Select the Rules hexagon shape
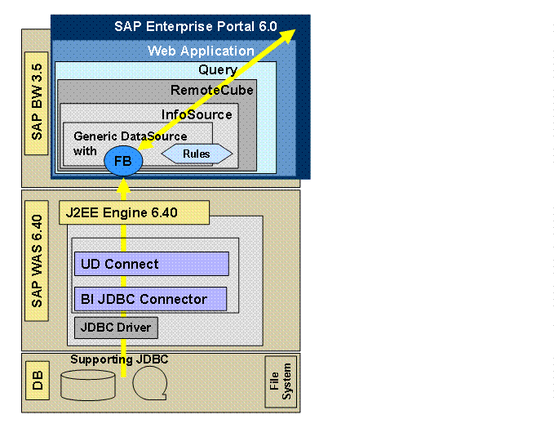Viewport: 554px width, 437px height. tap(197, 154)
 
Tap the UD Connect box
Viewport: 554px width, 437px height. tap(151, 264)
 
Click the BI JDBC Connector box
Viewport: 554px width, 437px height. tap(151, 299)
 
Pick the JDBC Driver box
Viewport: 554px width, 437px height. tap(115, 328)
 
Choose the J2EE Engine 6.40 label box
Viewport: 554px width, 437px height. tap(134, 214)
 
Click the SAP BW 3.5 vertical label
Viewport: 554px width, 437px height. tap(38, 109)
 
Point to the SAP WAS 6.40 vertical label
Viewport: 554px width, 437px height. tap(38, 269)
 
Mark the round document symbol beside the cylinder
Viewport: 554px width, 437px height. tap(148, 381)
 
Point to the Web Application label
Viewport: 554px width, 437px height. tap(201, 51)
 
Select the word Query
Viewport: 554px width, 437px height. tap(218, 70)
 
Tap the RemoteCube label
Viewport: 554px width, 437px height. tap(212, 90)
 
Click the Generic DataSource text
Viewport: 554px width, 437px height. tap(130, 136)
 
